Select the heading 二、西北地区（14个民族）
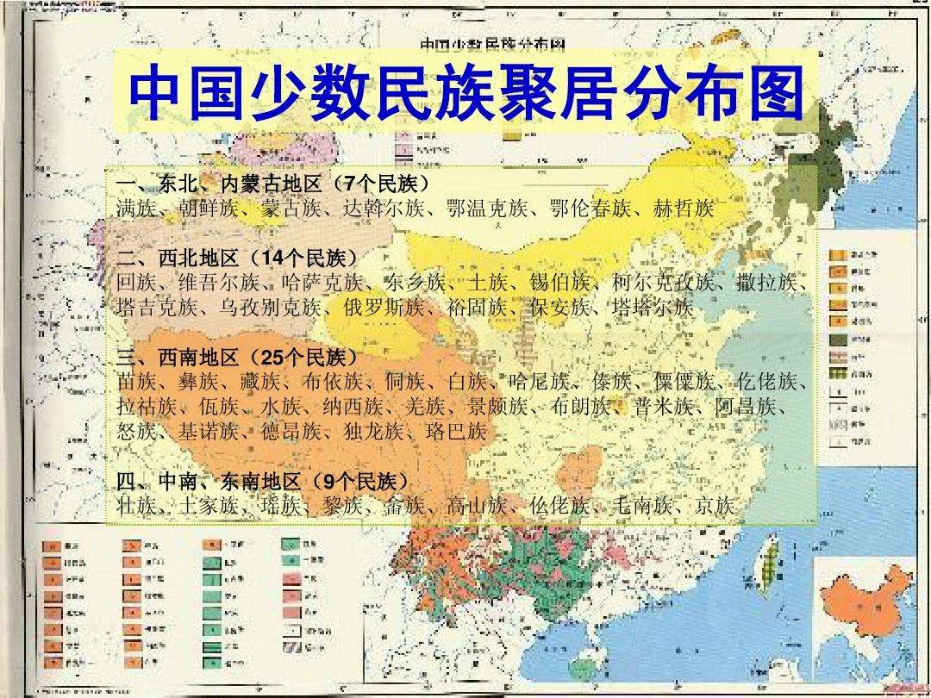click(x=236, y=258)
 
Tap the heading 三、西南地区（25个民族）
click(x=236, y=357)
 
